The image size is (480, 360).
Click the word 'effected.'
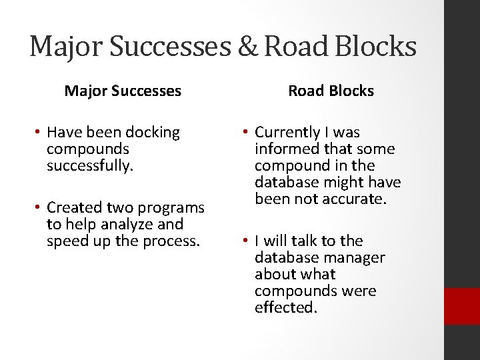coord(285,307)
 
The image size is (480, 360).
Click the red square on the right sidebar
coord(463,306)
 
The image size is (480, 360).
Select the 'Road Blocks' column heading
coord(331,91)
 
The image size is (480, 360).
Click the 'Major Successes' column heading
coord(123,91)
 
